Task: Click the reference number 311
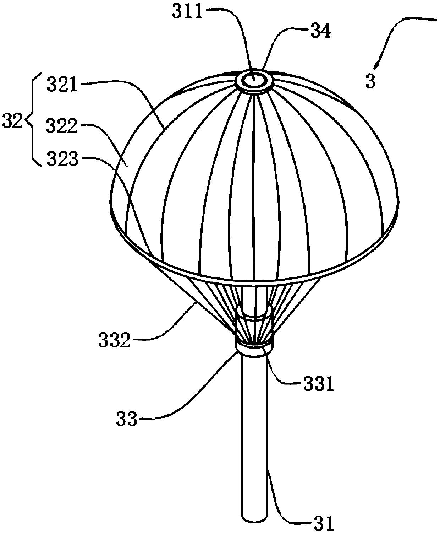pyautogui.click(x=187, y=12)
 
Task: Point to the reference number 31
pyautogui.click(x=324, y=522)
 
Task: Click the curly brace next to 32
pyautogui.click(x=33, y=121)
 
